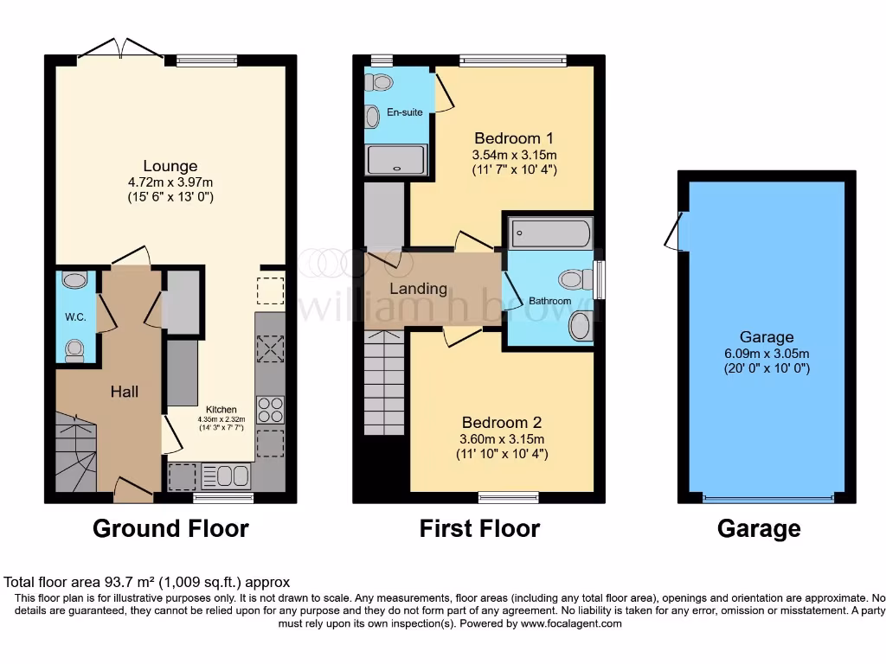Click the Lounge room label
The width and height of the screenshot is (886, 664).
tap(170, 166)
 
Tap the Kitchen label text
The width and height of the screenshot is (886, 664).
tap(220, 410)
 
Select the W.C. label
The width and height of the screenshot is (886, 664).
tap(75, 316)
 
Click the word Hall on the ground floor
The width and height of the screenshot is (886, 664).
tap(125, 392)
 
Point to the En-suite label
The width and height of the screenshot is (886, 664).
tap(404, 112)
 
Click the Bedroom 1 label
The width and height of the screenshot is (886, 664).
tap(514, 138)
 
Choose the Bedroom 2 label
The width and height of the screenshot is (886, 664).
tap(502, 423)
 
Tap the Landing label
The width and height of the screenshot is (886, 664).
tap(418, 289)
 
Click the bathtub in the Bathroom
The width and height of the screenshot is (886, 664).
tap(551, 233)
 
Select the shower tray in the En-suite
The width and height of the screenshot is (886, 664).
tap(396, 160)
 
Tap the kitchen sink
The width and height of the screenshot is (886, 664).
tap(227, 476)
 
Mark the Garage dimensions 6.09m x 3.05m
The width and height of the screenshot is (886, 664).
tap(767, 353)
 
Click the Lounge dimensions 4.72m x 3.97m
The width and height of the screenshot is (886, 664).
tap(170, 182)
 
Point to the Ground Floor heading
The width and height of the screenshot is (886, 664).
tap(170, 528)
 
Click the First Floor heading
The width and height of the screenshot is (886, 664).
tap(479, 528)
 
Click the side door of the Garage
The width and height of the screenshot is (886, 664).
tap(673, 231)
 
